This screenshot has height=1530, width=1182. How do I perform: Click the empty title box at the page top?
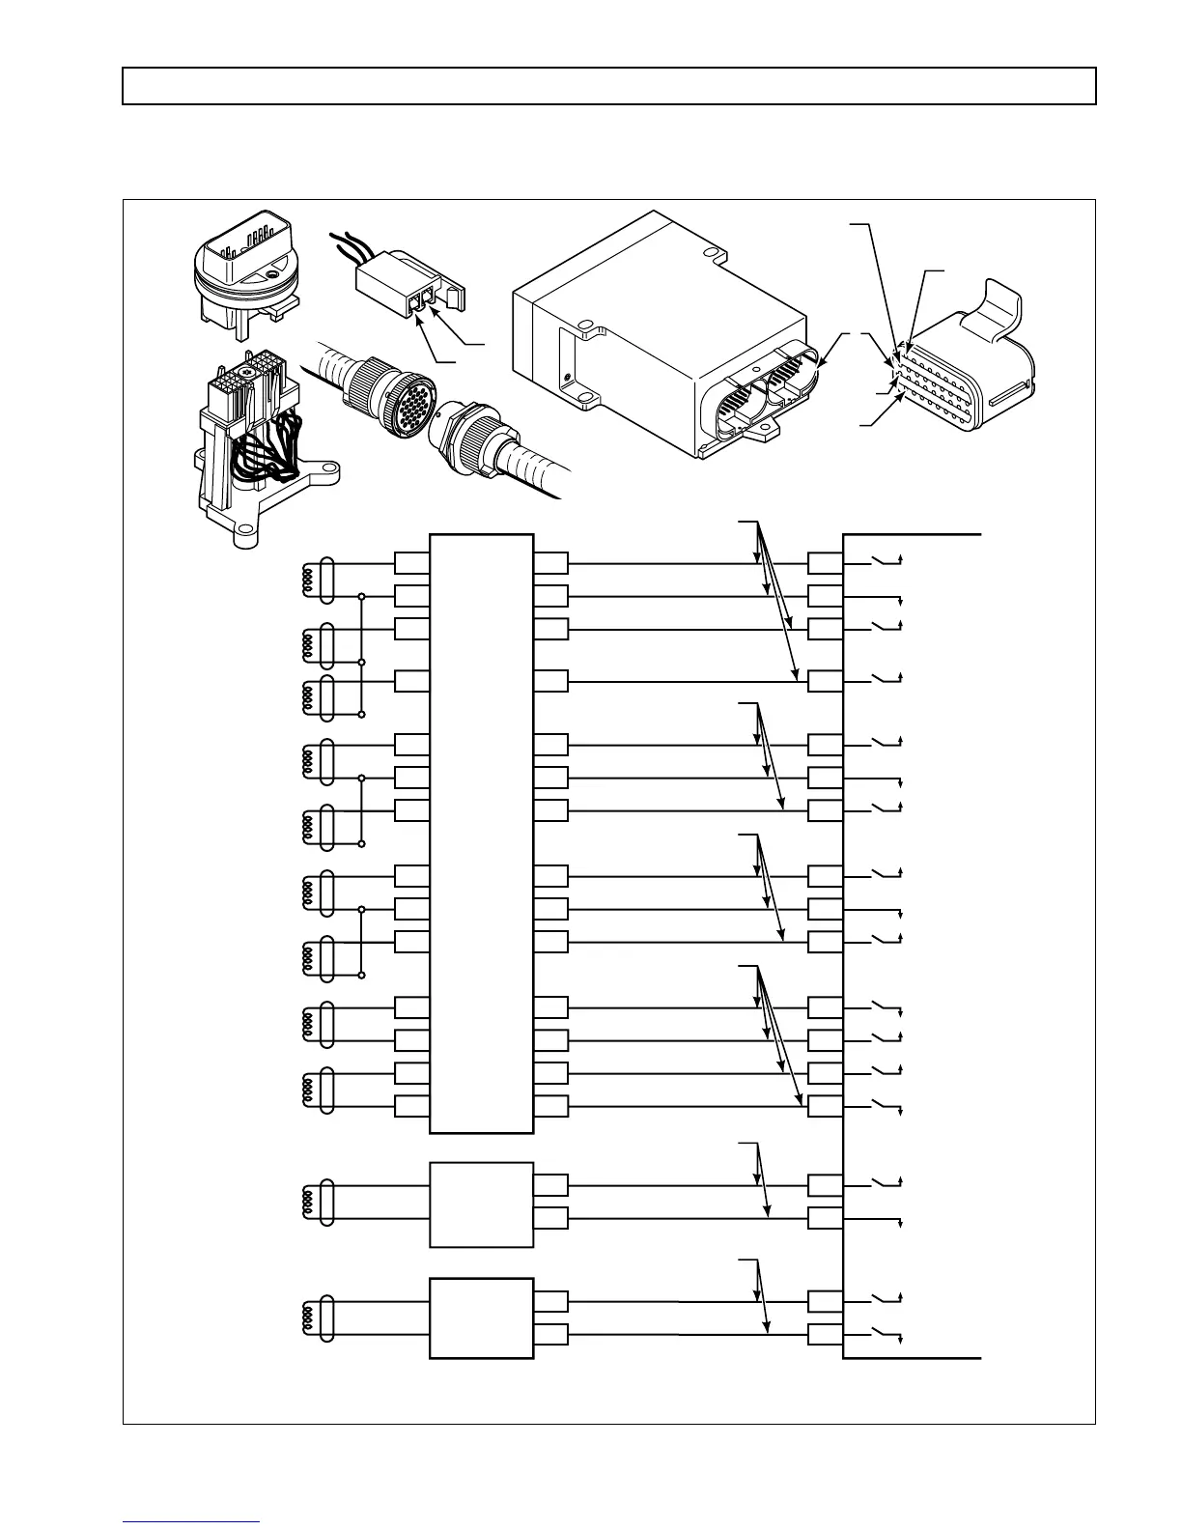point(608,85)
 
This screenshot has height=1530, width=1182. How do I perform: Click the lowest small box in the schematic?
point(481,1318)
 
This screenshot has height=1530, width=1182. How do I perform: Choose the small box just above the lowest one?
point(481,1204)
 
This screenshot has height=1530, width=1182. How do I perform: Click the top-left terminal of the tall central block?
point(412,563)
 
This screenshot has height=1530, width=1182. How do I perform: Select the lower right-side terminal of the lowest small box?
point(550,1336)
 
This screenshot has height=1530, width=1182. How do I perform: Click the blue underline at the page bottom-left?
point(191,1522)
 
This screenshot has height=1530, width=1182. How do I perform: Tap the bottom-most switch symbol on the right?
point(883,1335)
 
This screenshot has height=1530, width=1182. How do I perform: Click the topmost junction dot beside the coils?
point(361,597)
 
